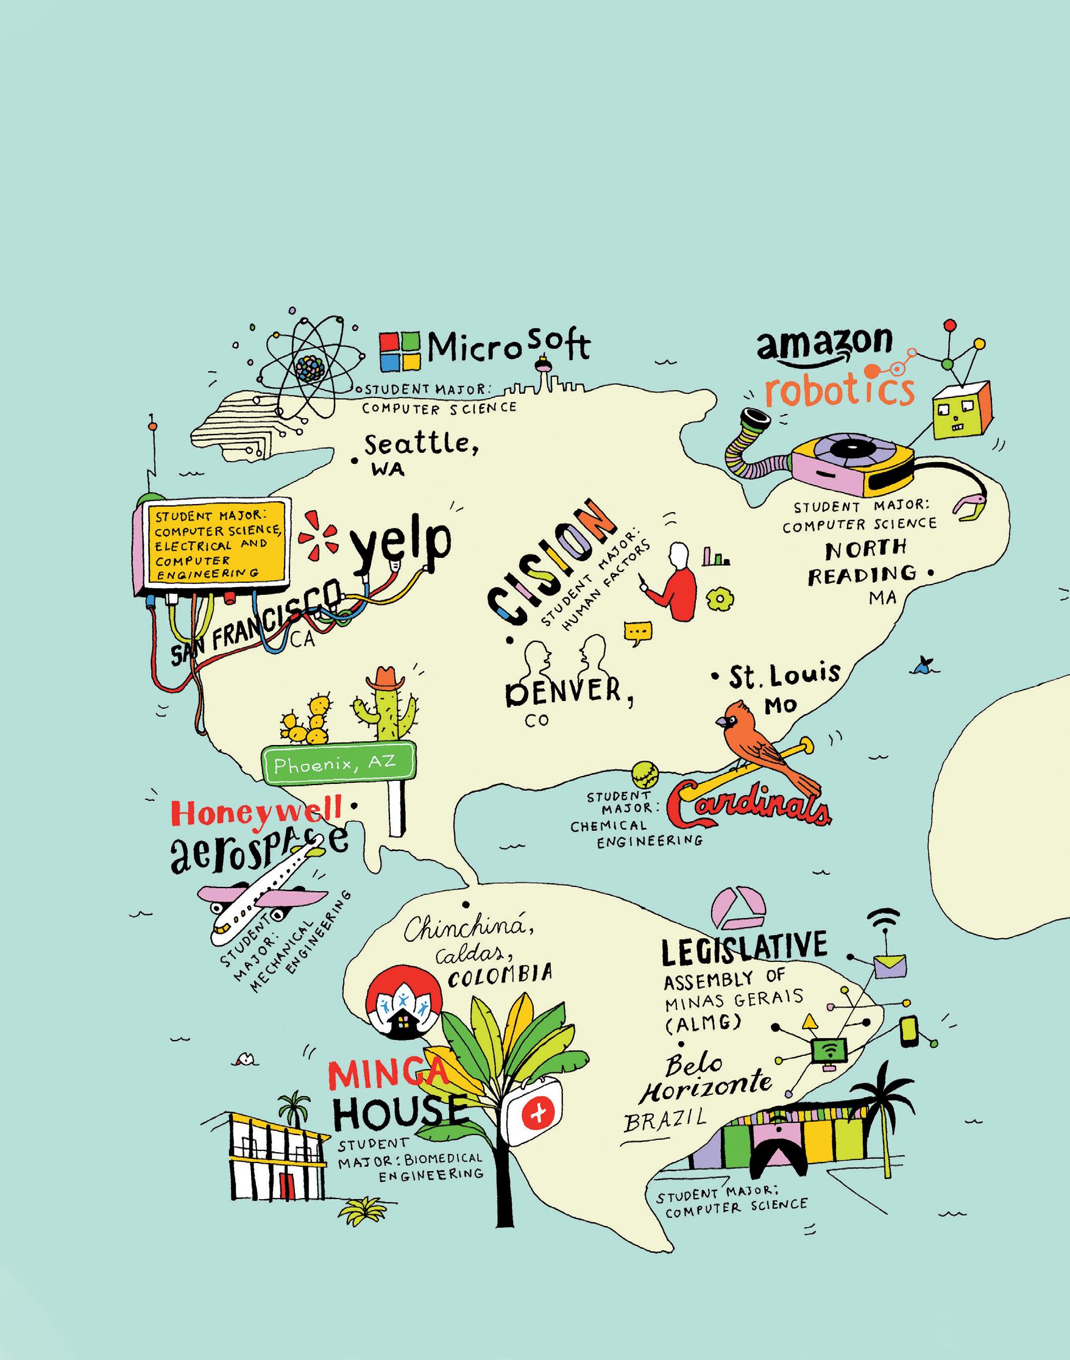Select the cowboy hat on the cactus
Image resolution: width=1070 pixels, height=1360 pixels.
[386, 678]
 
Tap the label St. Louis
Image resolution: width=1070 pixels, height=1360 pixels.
[783, 675]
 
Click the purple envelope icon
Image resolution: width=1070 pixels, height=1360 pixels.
[890, 965]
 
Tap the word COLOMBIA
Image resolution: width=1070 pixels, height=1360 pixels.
[500, 974]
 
